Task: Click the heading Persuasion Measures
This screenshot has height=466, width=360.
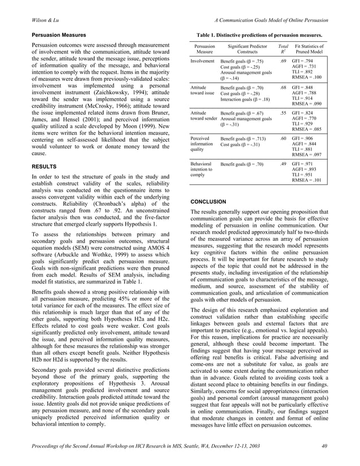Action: (x=58, y=35)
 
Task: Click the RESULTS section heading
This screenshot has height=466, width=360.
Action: (x=44, y=168)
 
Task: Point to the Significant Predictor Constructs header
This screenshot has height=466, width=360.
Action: (x=247, y=48)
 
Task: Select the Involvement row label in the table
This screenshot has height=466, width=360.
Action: (x=202, y=60)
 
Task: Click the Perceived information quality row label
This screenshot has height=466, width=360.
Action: (x=202, y=144)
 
